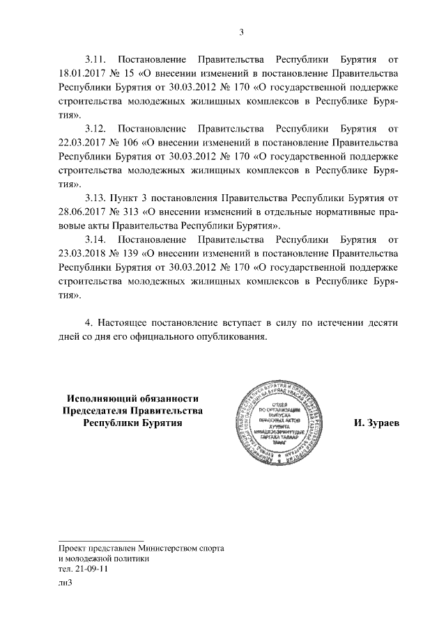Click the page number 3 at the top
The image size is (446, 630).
click(241, 31)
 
